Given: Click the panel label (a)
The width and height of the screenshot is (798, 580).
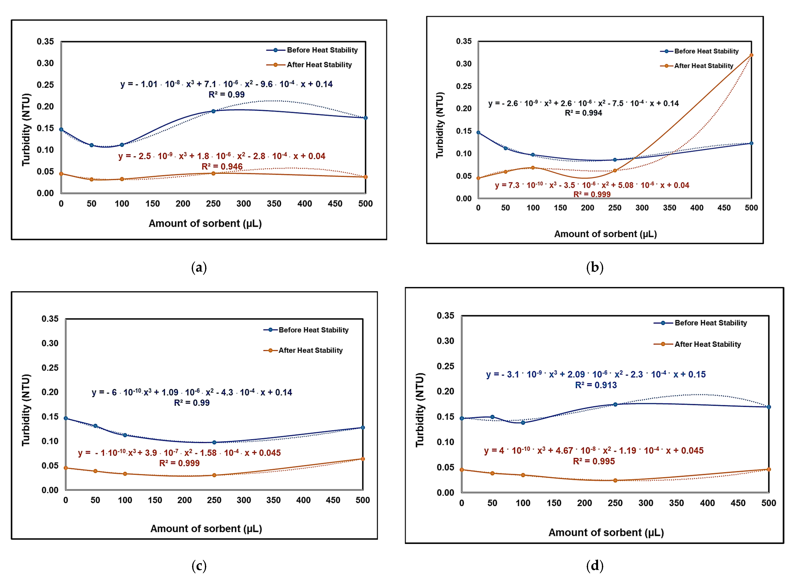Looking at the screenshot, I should [x=199, y=268].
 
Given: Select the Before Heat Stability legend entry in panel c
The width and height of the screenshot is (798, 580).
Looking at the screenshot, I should [x=313, y=330].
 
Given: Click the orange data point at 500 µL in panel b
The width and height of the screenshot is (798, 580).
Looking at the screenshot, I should [x=751, y=55].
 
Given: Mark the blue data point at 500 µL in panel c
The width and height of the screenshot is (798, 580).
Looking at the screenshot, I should [x=363, y=428].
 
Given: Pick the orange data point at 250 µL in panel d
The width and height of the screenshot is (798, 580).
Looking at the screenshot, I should [x=615, y=480].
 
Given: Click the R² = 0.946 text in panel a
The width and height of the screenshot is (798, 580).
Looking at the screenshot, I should [x=222, y=167].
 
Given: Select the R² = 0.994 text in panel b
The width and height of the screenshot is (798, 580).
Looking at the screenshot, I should [x=583, y=113].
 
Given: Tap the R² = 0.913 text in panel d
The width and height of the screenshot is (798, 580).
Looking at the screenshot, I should [x=596, y=385].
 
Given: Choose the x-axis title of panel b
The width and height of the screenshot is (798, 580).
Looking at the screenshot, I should [x=605, y=234].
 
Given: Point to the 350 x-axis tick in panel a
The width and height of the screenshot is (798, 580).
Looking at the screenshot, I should [x=274, y=204].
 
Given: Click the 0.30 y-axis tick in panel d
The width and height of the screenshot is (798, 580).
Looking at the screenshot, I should [x=445, y=341].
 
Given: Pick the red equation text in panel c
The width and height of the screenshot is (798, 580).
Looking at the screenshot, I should [x=179, y=453].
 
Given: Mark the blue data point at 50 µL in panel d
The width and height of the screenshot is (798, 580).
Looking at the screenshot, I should [x=492, y=417].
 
